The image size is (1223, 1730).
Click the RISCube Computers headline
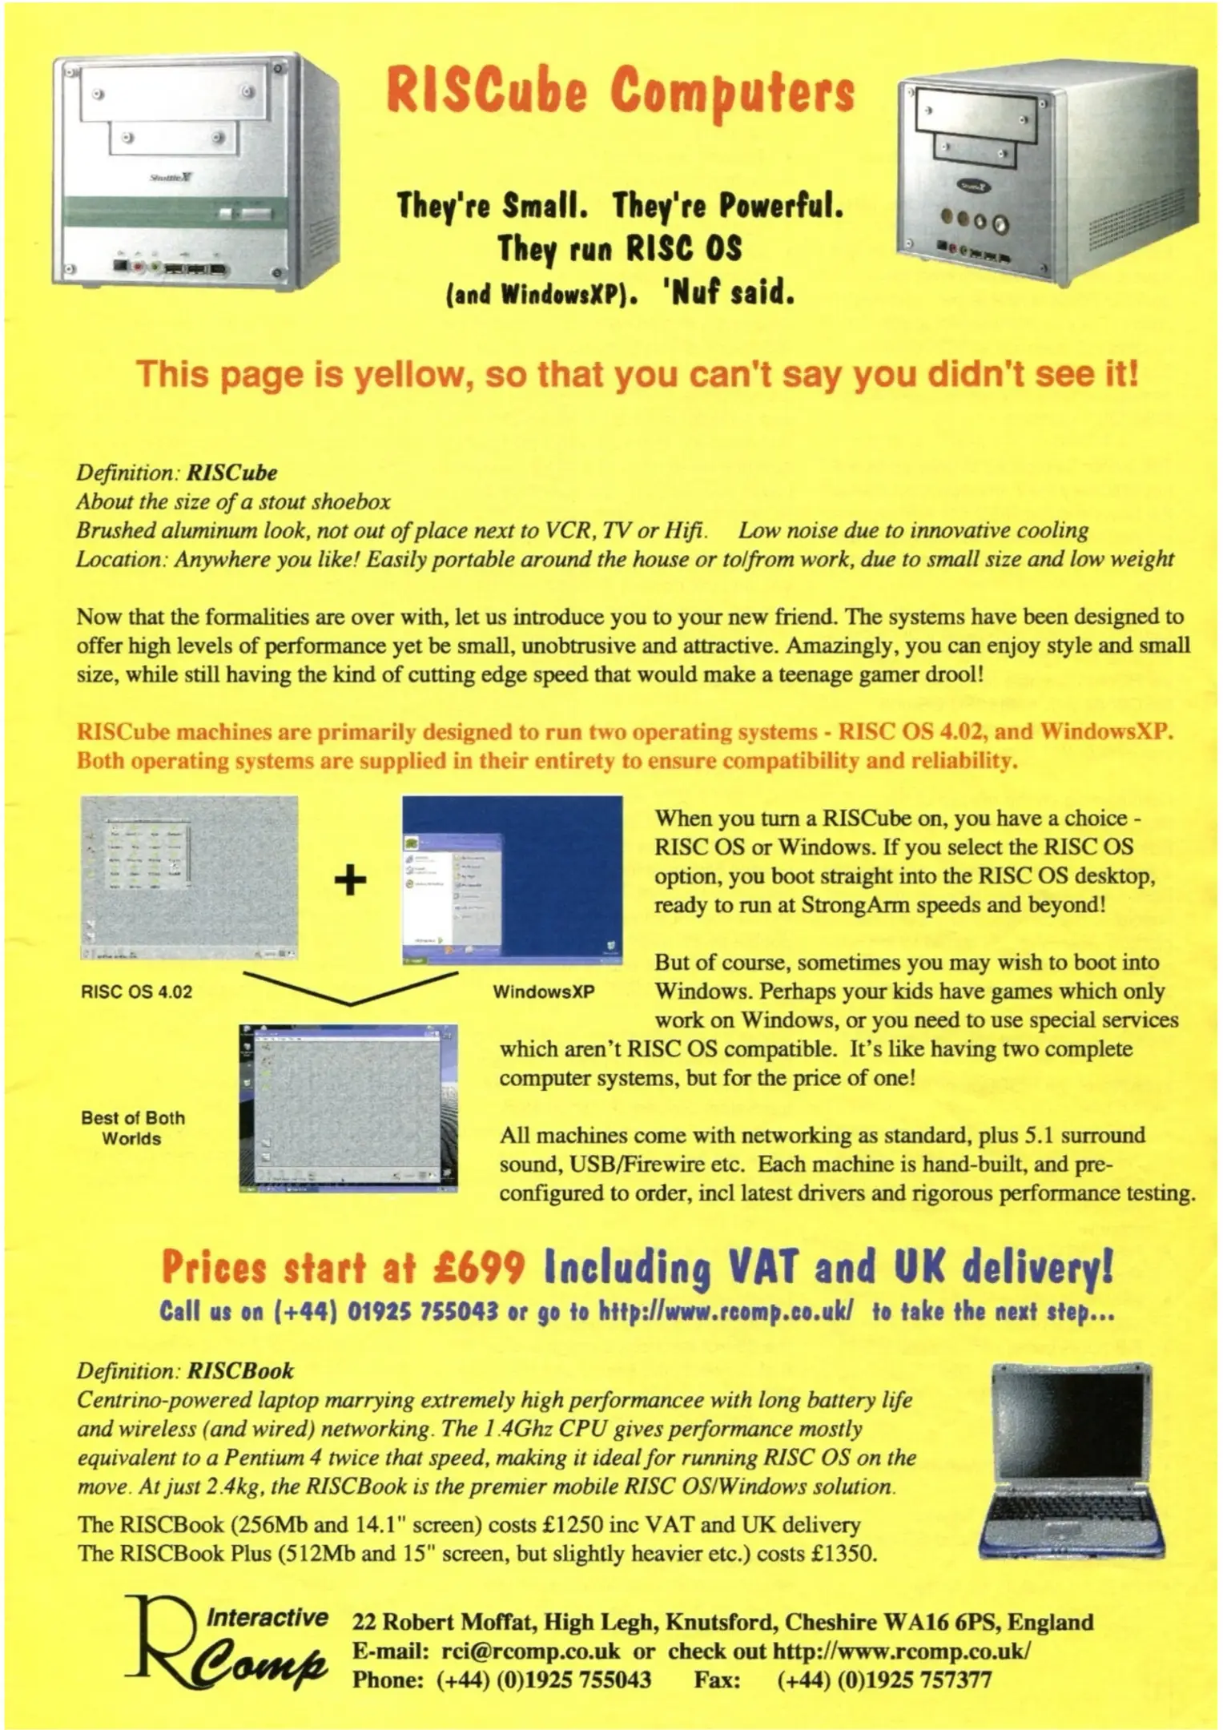click(x=620, y=90)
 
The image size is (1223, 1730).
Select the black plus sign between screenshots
click(x=350, y=879)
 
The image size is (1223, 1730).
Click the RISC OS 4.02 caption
click(x=136, y=992)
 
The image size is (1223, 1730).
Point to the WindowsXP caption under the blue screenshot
click(x=543, y=992)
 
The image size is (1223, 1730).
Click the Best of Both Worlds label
click(x=132, y=1128)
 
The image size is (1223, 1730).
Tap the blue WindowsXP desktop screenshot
click(x=513, y=879)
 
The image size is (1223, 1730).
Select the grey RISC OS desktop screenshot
click(x=189, y=878)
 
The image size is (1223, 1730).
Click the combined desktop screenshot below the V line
click(x=348, y=1107)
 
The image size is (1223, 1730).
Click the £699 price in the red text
click(x=478, y=1268)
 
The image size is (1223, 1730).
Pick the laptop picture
click(x=1072, y=1460)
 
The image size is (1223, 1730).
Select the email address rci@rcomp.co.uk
click(x=530, y=1652)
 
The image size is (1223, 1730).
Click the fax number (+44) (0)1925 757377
click(x=884, y=1680)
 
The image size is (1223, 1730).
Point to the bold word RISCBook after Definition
click(x=240, y=1371)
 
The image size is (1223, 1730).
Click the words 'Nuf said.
click(x=727, y=294)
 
